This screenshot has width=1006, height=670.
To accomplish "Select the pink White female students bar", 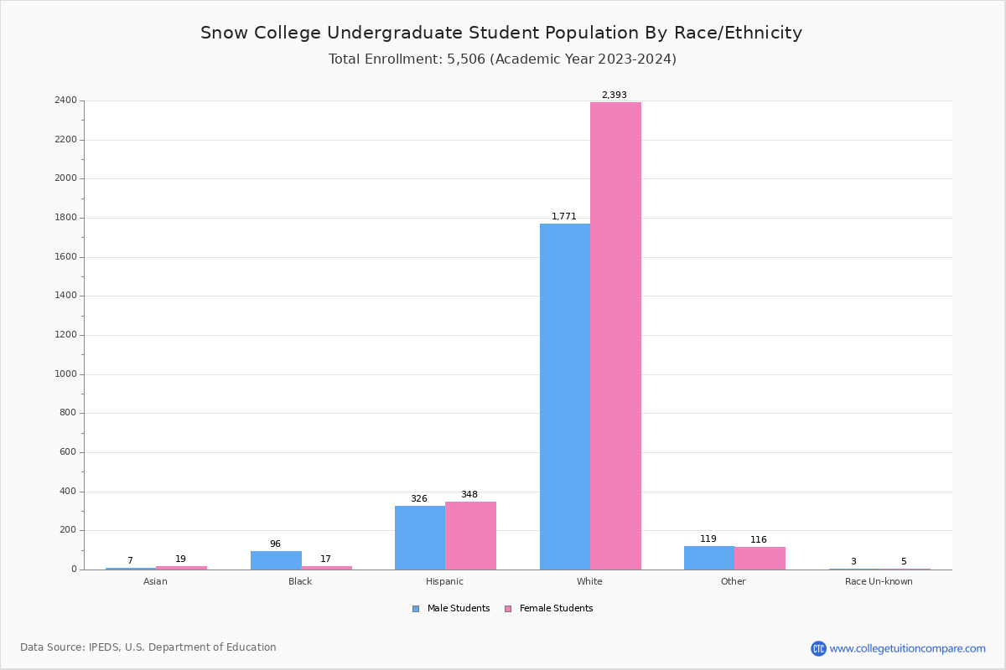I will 615,336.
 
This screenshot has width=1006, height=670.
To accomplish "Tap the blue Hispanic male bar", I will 420,538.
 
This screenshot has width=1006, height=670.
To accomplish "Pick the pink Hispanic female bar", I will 470,535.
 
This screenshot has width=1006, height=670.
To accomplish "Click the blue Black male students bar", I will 276,560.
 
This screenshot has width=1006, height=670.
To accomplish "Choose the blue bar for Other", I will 709,558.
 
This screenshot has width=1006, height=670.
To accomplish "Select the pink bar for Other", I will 760,558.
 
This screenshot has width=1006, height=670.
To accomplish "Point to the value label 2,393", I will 614,95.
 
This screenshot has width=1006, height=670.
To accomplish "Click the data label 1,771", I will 563,217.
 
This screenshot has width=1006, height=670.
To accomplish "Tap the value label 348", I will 469,495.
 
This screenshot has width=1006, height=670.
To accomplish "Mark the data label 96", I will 275,544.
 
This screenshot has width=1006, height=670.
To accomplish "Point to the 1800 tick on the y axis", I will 65,218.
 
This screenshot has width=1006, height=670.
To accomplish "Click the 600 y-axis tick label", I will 68,452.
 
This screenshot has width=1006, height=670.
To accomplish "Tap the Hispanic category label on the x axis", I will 444,581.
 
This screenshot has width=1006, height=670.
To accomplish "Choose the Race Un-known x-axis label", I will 879,581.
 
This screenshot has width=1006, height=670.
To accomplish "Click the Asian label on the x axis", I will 155,581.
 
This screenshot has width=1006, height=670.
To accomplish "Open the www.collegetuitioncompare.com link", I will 907,648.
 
